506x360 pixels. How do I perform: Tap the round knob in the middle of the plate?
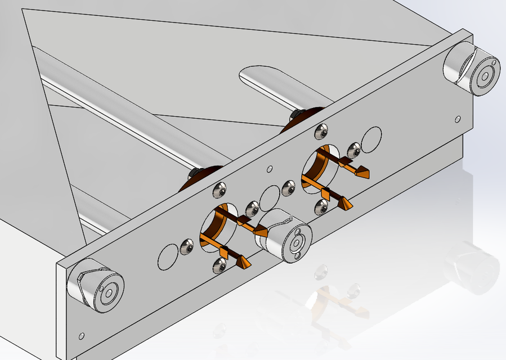coord(285,236)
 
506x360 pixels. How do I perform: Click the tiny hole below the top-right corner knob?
coord(458,119)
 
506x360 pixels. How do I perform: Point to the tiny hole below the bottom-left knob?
coord(82,336)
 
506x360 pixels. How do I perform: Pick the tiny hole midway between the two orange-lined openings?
coord(270,168)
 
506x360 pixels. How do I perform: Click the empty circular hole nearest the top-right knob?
coord(372,138)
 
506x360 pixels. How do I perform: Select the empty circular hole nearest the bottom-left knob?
coord(168,256)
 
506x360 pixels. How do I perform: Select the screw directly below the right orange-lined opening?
coord(322,206)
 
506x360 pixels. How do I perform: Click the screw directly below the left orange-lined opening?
coord(219,265)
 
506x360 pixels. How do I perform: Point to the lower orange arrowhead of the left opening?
coord(244,263)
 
